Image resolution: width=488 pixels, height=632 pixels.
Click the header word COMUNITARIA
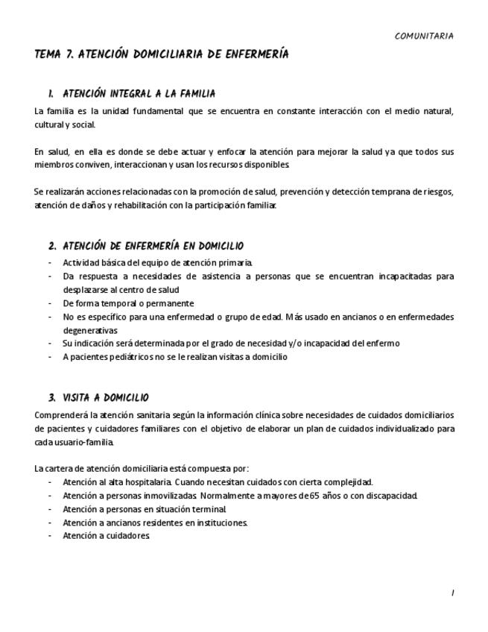[x=423, y=36]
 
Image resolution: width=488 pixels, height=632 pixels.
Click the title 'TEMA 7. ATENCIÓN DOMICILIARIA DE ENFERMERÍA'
[x=162, y=55]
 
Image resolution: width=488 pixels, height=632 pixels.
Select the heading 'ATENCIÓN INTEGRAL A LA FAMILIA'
[x=139, y=94]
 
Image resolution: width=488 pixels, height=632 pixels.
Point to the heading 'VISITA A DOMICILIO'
[x=106, y=398]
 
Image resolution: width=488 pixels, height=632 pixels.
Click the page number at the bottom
[x=451, y=593]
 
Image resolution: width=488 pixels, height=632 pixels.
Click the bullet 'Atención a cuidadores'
[x=107, y=536]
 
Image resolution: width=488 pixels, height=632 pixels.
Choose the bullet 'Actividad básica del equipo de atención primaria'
[x=158, y=262]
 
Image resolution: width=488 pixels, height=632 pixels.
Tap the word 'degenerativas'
[x=90, y=330]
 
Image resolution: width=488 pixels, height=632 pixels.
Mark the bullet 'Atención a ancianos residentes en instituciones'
[x=155, y=522]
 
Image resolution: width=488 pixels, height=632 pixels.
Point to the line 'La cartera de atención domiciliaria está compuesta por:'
[x=136, y=469]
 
